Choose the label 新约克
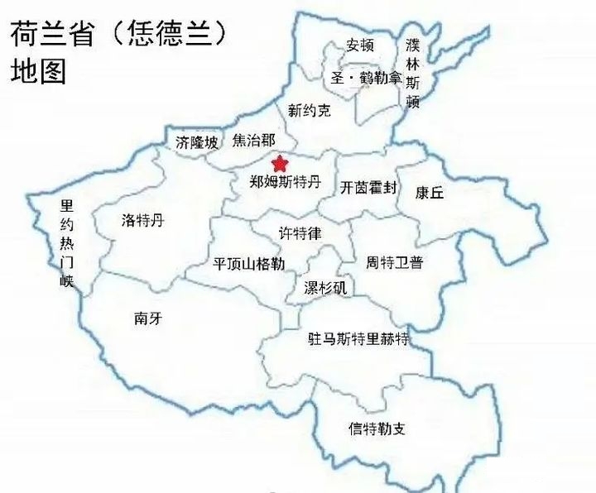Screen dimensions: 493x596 pos(309,109)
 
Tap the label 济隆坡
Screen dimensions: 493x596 pos(197,142)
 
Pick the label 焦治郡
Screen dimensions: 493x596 pos(253,141)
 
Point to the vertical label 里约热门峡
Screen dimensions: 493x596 pos(66,244)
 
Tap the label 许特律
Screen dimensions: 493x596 pos(300,234)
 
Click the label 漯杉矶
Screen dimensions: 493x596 pos(325,288)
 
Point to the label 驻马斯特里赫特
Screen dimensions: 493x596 pos(358,338)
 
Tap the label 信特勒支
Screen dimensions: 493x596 pos(376,428)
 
